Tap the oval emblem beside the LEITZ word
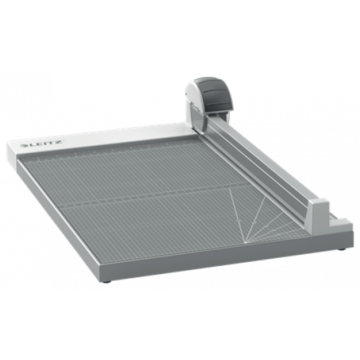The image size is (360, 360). [24, 146]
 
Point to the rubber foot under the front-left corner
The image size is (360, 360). [106, 281]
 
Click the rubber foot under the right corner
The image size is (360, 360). [343, 249]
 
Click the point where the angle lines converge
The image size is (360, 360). [245, 242]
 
